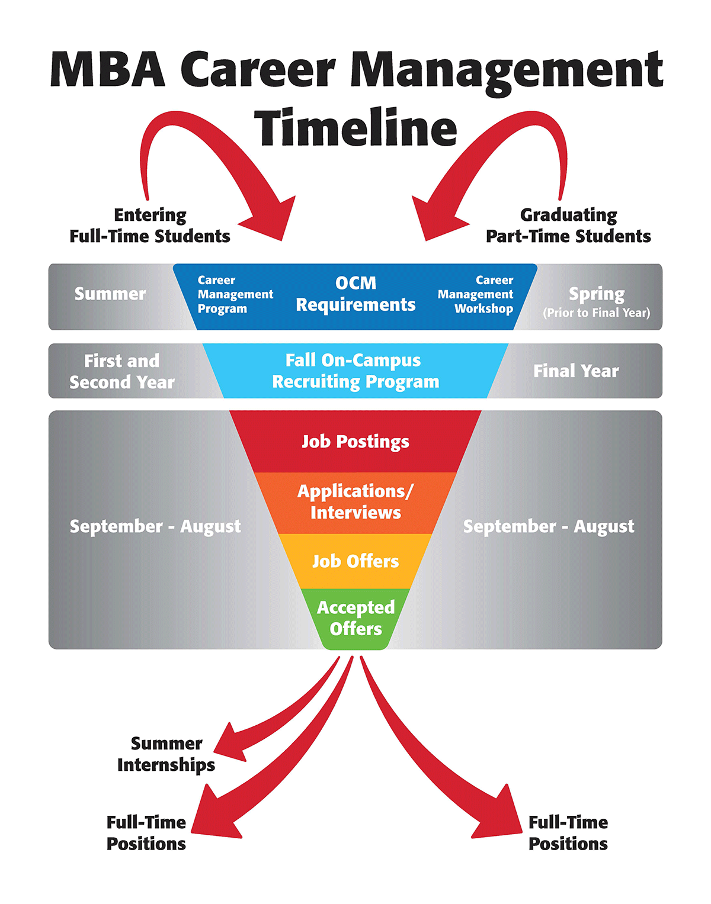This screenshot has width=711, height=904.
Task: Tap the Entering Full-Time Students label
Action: click(x=150, y=226)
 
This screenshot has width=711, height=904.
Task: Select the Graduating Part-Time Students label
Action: click(x=568, y=226)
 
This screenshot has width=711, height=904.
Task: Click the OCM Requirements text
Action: click(x=355, y=294)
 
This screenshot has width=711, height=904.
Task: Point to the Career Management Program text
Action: click(x=235, y=294)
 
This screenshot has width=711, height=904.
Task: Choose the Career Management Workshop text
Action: click(x=476, y=294)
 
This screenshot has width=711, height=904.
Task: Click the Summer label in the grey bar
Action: click(x=110, y=294)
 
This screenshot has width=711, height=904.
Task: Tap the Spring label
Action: click(x=597, y=294)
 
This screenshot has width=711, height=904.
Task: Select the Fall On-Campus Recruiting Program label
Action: click(x=355, y=371)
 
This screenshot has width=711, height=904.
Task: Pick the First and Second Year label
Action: click(x=122, y=371)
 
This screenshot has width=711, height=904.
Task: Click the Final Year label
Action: click(x=576, y=371)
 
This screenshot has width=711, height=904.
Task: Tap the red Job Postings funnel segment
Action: click(x=355, y=442)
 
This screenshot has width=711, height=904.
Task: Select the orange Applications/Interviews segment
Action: click(x=355, y=502)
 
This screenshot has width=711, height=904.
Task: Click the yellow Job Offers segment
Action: click(x=355, y=561)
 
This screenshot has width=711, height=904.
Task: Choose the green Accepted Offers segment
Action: click(x=355, y=617)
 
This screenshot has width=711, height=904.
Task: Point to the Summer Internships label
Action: click(x=166, y=754)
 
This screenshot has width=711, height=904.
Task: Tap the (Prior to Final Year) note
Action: click(x=597, y=313)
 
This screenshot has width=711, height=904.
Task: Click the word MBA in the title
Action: click(x=108, y=70)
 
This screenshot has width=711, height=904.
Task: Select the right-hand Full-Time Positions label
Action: click(x=568, y=833)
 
